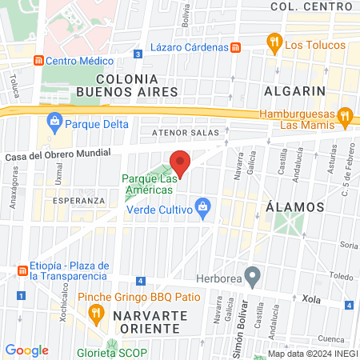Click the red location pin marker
(180, 162)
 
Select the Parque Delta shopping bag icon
(55, 123)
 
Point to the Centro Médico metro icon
(37, 60)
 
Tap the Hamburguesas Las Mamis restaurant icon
(345, 117)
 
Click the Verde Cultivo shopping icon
(203, 210)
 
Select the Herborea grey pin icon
(253, 276)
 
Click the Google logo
(26, 350)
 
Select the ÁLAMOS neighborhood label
(294, 206)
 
